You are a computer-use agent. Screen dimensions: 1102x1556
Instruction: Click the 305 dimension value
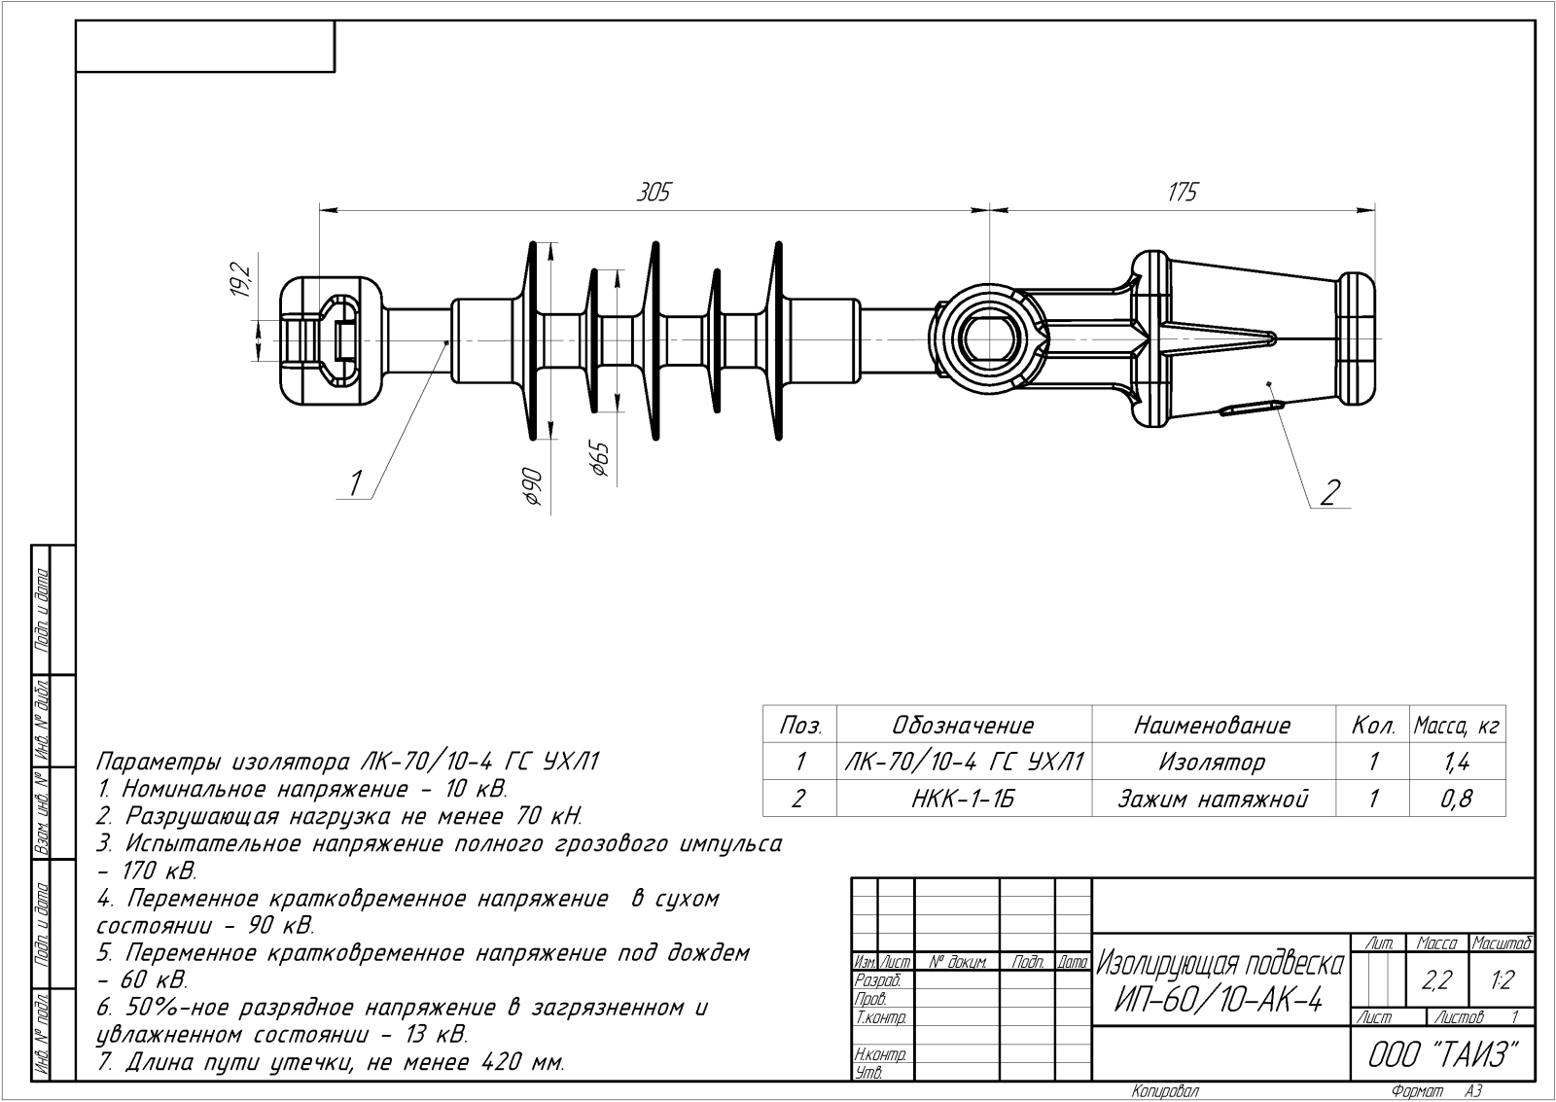pyautogui.click(x=654, y=193)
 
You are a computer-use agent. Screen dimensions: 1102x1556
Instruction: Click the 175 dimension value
pyautogui.click(x=1182, y=193)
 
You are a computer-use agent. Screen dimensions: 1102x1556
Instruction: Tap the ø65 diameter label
pyautogui.click(x=599, y=458)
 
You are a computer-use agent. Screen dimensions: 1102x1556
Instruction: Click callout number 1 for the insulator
pyautogui.click(x=356, y=481)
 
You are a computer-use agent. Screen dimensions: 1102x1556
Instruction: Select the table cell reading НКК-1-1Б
pyautogui.click(x=964, y=800)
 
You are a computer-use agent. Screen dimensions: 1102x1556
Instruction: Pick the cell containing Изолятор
pyautogui.click(x=1213, y=763)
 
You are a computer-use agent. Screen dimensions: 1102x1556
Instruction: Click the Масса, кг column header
pyautogui.click(x=1456, y=726)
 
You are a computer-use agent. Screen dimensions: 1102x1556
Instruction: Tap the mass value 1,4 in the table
pyautogui.click(x=1457, y=763)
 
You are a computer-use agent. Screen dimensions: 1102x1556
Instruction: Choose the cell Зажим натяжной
pyautogui.click(x=1213, y=800)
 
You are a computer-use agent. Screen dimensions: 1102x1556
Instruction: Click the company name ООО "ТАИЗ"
pyautogui.click(x=1443, y=1054)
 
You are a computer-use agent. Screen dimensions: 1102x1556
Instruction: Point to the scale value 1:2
pyautogui.click(x=1502, y=981)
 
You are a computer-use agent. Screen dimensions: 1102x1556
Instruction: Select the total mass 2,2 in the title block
pyautogui.click(x=1435, y=981)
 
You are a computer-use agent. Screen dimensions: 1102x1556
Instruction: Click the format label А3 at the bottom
pyautogui.click(x=1473, y=1091)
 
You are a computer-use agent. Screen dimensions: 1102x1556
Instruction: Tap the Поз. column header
pyautogui.click(x=800, y=726)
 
